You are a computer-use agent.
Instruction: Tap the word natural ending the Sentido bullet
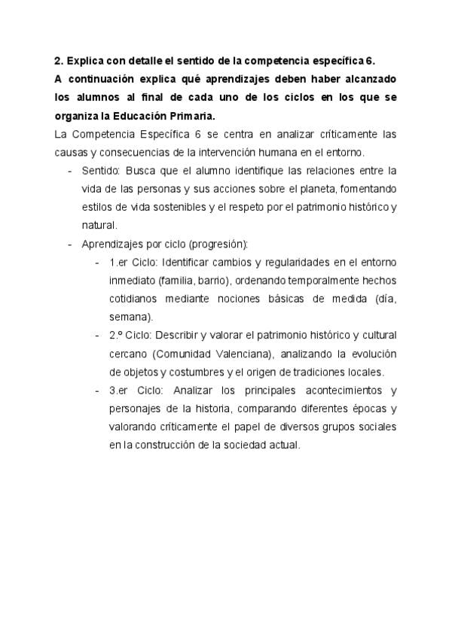point(99,225)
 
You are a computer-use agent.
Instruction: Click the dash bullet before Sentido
point(70,171)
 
